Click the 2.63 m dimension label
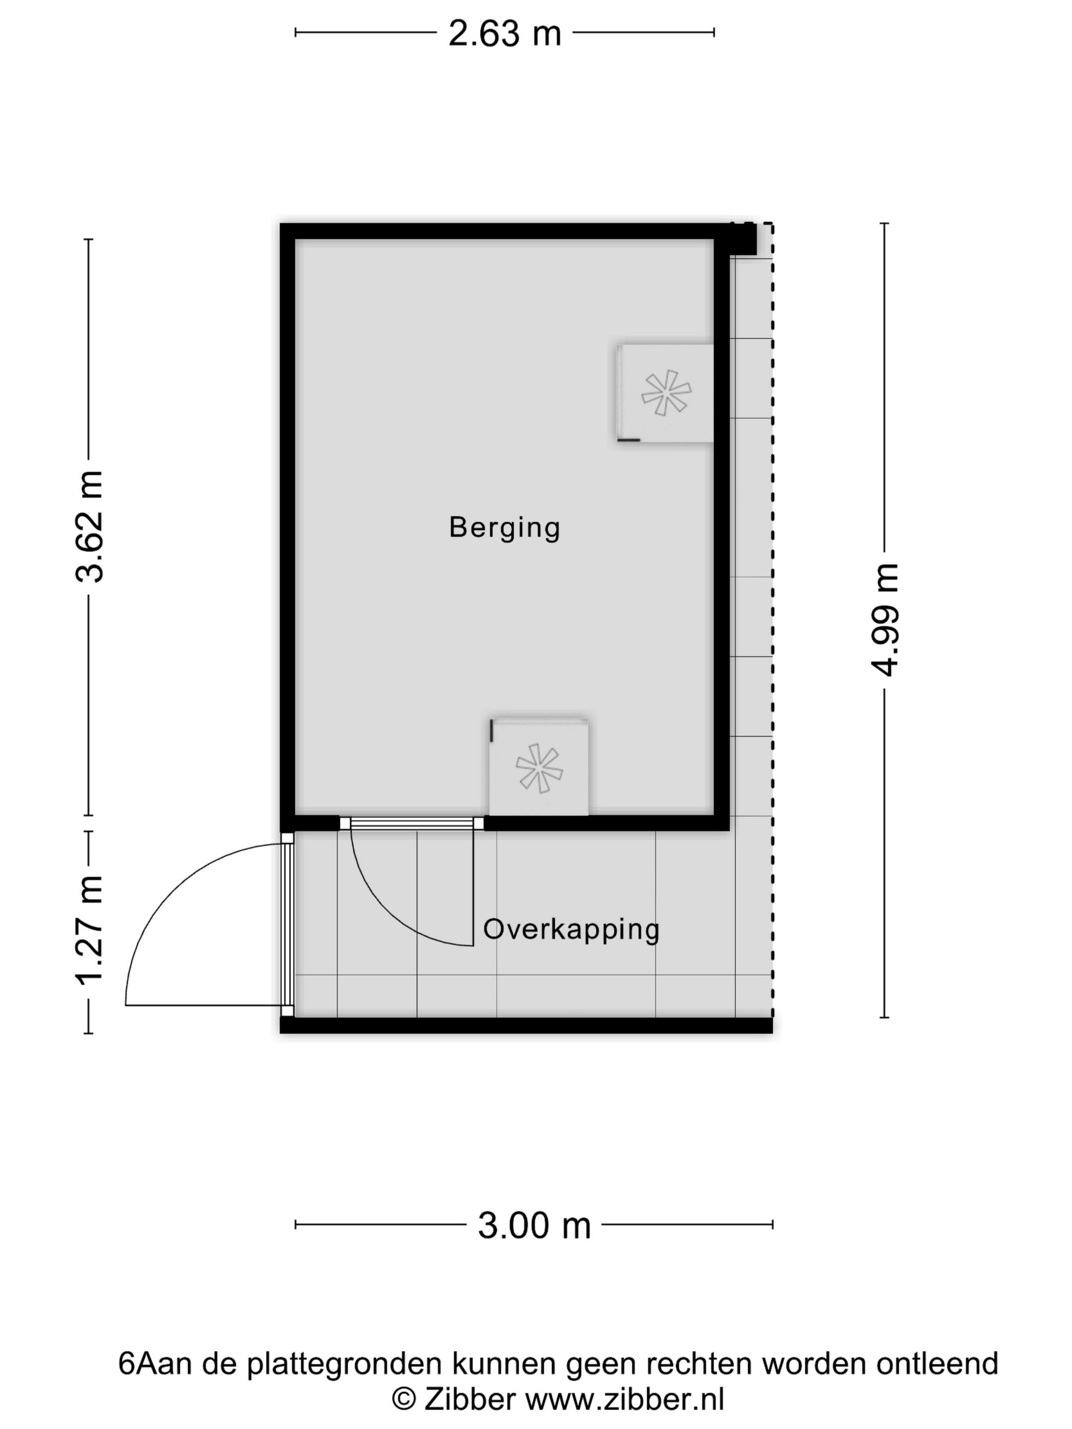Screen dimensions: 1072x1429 click(x=505, y=33)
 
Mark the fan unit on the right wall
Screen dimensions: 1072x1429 click(x=665, y=393)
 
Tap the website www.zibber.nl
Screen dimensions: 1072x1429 click(x=624, y=1399)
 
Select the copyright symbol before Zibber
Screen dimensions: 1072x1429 click(x=404, y=1400)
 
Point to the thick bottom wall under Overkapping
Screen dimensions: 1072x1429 click(x=526, y=1025)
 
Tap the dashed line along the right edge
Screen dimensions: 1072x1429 click(x=772, y=620)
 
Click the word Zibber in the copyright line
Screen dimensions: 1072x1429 click(x=470, y=1399)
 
